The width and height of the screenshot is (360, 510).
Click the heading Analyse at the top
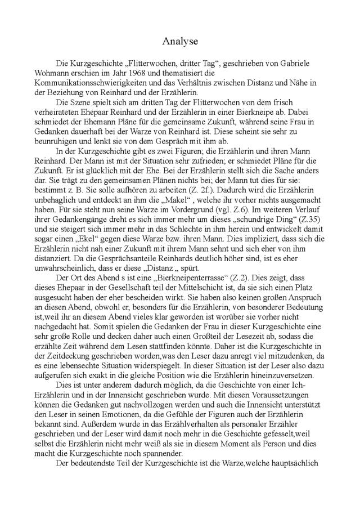click(179, 41)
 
